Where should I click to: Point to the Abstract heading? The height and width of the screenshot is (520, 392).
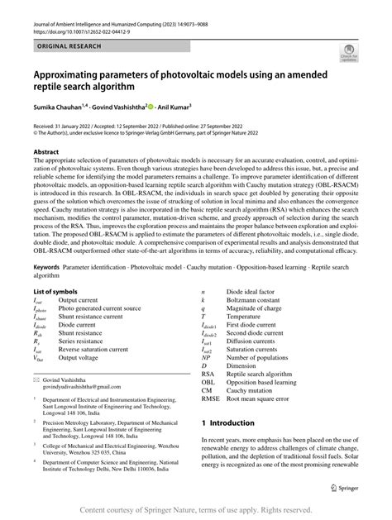[47, 153]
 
